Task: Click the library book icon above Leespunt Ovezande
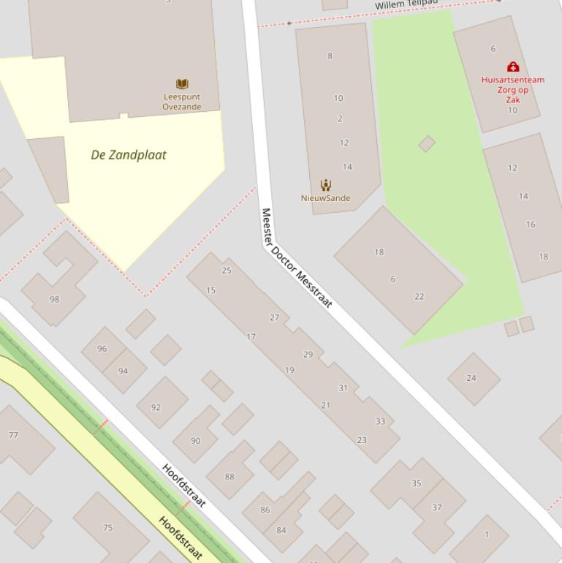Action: coord(182,84)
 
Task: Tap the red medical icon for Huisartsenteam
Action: coord(513,67)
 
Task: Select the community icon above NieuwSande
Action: coord(325,185)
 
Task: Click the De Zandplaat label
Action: coord(129,155)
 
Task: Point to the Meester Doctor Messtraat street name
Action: coord(296,258)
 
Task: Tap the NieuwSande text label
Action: coord(325,198)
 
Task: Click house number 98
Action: coord(54,299)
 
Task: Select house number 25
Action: coord(227,271)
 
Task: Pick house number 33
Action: coord(380,421)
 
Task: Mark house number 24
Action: coord(471,378)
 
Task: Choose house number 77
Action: coord(13,435)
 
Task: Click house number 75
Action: coord(108,527)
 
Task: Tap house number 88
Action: coord(229,477)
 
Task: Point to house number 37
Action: coord(436,507)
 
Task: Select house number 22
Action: coord(419,296)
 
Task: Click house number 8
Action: coord(330,56)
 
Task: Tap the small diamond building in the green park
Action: coord(427,143)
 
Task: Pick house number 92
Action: coord(156,407)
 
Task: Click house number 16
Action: coord(531,224)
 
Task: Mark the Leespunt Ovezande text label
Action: coord(182,102)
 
